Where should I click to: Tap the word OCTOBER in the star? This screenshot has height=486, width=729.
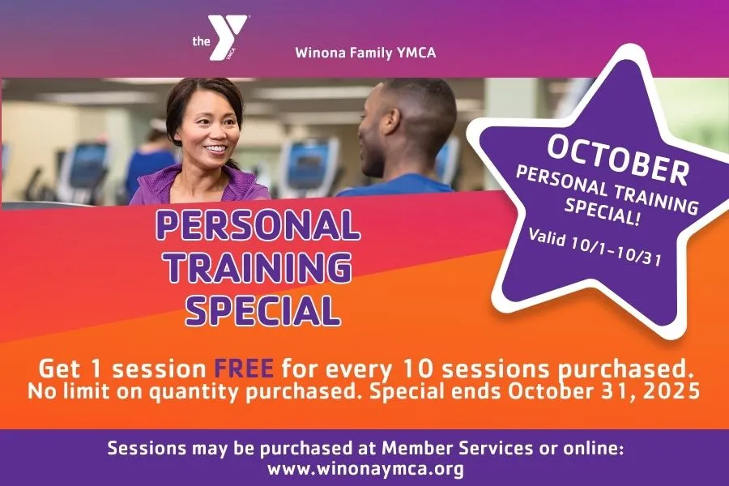[x=617, y=157]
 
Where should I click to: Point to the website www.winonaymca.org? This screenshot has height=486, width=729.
[x=364, y=468]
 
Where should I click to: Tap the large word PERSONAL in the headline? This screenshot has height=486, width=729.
[x=258, y=226]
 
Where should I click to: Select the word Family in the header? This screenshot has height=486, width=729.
[x=373, y=54]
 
